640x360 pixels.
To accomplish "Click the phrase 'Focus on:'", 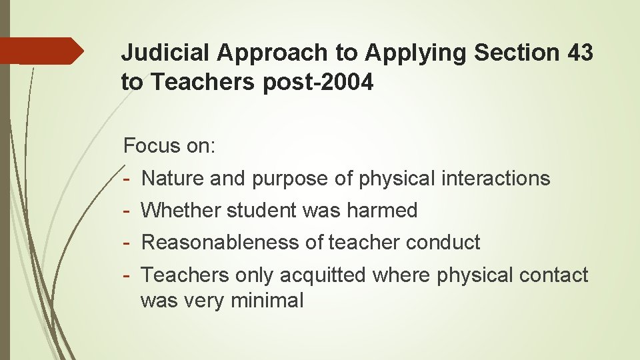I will pyautogui.click(x=169, y=146).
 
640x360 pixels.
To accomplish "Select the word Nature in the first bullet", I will pyautogui.click(x=173, y=178).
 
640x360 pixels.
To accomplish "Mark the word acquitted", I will pyautogui.click(x=323, y=275).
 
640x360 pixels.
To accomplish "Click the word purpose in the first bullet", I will pyautogui.click(x=290, y=178).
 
